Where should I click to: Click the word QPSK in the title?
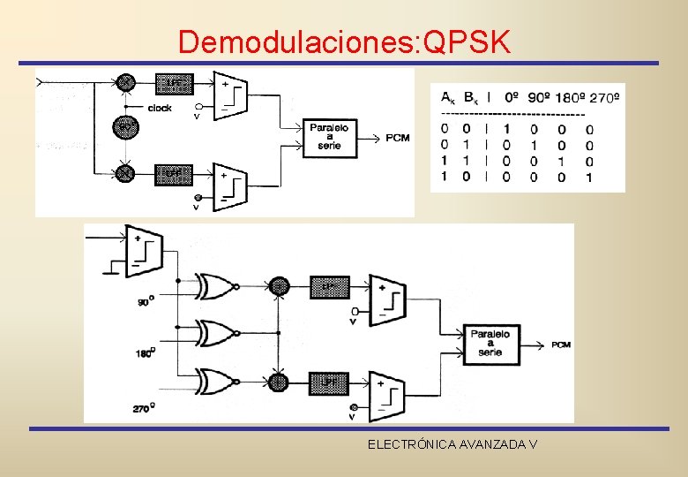pos(467,42)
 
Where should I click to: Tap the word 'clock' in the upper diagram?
pos(161,109)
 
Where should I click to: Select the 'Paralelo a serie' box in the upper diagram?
pos(329,139)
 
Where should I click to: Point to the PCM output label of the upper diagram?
pos(397,139)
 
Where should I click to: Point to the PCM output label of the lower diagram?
pos(561,344)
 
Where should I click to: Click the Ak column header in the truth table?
pos(448,97)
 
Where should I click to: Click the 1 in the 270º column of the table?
pos(589,177)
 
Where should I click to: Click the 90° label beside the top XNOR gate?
pos(144,302)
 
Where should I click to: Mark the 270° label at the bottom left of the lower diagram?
pos(141,408)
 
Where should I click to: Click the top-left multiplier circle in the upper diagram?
pos(125,83)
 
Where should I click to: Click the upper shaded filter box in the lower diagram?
pos(329,286)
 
